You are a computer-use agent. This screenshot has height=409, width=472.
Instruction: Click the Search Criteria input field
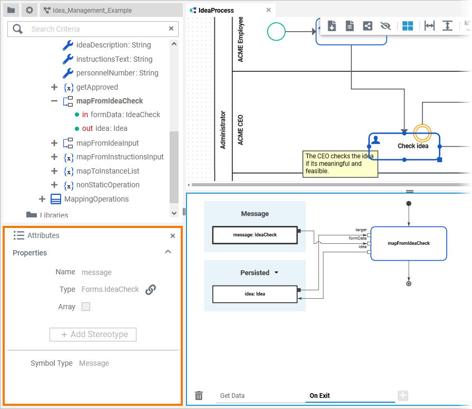(95, 29)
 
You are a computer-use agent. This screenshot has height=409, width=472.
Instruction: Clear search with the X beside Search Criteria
(171, 28)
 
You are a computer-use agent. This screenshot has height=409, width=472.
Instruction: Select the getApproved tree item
(97, 87)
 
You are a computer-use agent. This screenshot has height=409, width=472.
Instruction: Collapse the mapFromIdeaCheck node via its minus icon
(54, 101)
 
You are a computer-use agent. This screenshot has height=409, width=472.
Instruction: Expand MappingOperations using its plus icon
(42, 199)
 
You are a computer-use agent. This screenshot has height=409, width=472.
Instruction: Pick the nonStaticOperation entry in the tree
(107, 185)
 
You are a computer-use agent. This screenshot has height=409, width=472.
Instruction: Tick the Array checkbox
(86, 307)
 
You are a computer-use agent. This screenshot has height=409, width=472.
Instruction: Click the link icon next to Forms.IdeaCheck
(151, 289)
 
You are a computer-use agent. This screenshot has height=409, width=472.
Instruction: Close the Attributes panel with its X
(173, 236)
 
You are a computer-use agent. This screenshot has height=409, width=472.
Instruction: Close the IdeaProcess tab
(269, 10)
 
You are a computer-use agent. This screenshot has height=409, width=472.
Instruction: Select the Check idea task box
(404, 146)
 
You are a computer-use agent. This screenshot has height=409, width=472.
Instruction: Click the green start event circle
(276, 32)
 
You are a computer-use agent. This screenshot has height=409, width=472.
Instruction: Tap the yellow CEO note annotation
(341, 164)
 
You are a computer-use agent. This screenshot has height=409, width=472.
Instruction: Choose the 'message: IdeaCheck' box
(255, 235)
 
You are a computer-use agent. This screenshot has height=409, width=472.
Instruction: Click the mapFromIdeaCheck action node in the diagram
(409, 243)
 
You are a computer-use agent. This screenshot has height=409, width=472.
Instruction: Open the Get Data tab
(232, 395)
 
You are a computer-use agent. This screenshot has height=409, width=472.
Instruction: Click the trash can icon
(199, 395)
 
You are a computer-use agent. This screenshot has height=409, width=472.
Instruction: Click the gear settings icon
(29, 10)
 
